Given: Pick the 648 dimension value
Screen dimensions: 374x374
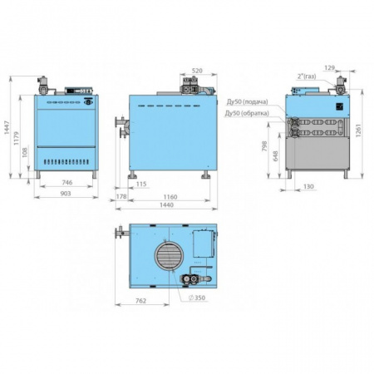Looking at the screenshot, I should click(x=276, y=155).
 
